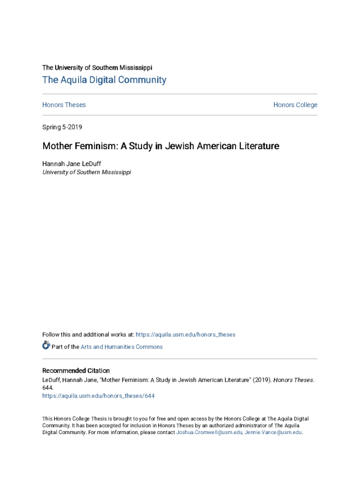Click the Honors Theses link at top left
(64, 105)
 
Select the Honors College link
(295, 105)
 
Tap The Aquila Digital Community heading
(104, 80)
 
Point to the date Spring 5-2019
(62, 127)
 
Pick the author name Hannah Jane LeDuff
(72, 163)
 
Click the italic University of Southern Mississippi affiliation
(86, 172)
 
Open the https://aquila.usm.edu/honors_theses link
(186, 334)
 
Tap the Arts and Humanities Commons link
(122, 347)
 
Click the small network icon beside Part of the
(46, 346)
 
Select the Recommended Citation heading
(76, 370)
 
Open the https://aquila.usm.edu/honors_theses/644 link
(98, 396)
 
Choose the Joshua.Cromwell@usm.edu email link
(209, 433)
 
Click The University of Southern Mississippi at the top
(97, 67)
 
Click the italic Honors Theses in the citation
(294, 380)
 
